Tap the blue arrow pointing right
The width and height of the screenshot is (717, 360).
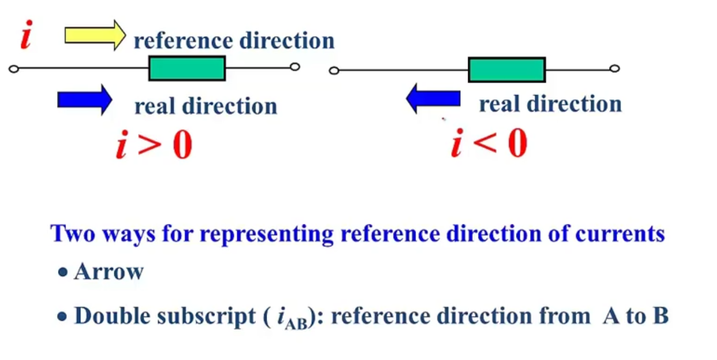84,99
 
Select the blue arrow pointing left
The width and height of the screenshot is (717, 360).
433,98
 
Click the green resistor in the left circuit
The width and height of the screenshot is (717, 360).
187,68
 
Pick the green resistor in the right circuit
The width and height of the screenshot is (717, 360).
507,69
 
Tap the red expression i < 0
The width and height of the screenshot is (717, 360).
489,144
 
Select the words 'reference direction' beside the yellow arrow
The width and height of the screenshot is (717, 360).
234,41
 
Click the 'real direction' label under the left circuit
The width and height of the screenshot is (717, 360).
206,106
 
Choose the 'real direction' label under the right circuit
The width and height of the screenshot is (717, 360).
550,104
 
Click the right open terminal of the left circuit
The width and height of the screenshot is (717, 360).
295,67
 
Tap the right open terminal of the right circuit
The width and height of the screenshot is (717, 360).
614,69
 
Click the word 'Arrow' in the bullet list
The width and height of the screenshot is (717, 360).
109,272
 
